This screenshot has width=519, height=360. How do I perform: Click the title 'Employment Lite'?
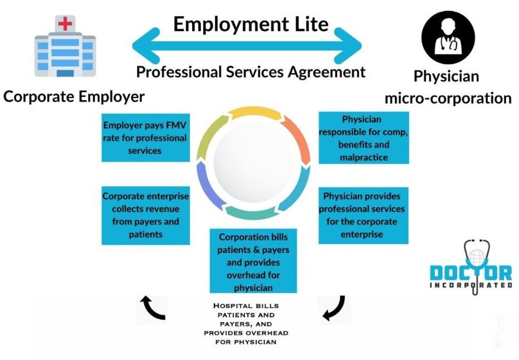point(251,24)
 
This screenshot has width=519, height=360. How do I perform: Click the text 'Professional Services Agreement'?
point(251,72)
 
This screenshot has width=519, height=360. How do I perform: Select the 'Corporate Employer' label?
point(74,96)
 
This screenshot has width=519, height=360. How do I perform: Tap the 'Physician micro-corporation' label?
point(447,87)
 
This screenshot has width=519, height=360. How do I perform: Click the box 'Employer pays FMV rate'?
point(144,138)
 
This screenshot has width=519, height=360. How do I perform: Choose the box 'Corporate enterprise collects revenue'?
point(145,215)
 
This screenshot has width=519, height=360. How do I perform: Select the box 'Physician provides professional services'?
point(364,215)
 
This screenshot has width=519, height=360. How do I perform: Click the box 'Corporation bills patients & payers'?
point(253,260)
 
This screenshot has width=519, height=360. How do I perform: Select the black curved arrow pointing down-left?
point(334,308)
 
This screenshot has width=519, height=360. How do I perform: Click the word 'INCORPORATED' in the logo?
point(471,285)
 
